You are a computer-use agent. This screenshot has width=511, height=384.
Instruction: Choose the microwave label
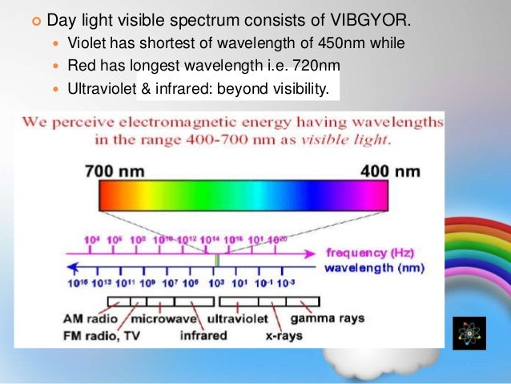pyautogui.click(x=164, y=318)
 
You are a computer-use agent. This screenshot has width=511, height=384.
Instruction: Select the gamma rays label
pyautogui.click(x=332, y=318)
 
